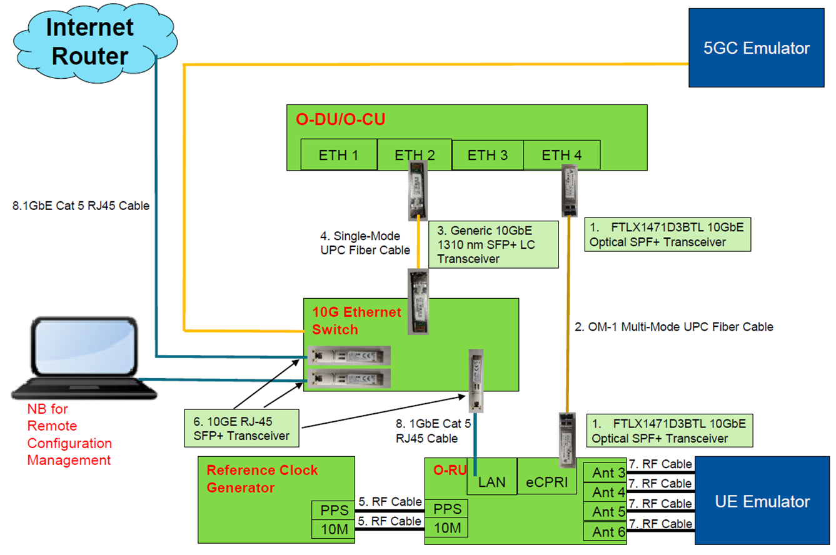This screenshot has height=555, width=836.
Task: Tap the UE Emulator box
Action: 763,501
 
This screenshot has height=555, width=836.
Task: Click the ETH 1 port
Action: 338,155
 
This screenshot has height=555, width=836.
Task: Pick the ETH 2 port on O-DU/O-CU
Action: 415,155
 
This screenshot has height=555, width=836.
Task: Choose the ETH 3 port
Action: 487,155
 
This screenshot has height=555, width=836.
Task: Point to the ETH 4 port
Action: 562,155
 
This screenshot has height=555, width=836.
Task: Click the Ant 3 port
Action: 605,472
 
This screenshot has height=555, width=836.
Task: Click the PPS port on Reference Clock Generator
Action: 333,510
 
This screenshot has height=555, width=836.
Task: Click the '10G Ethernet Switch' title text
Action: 356,320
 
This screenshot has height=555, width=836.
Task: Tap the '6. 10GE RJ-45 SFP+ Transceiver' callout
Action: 241,427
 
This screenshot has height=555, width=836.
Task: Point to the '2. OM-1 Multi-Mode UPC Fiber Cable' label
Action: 673,326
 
